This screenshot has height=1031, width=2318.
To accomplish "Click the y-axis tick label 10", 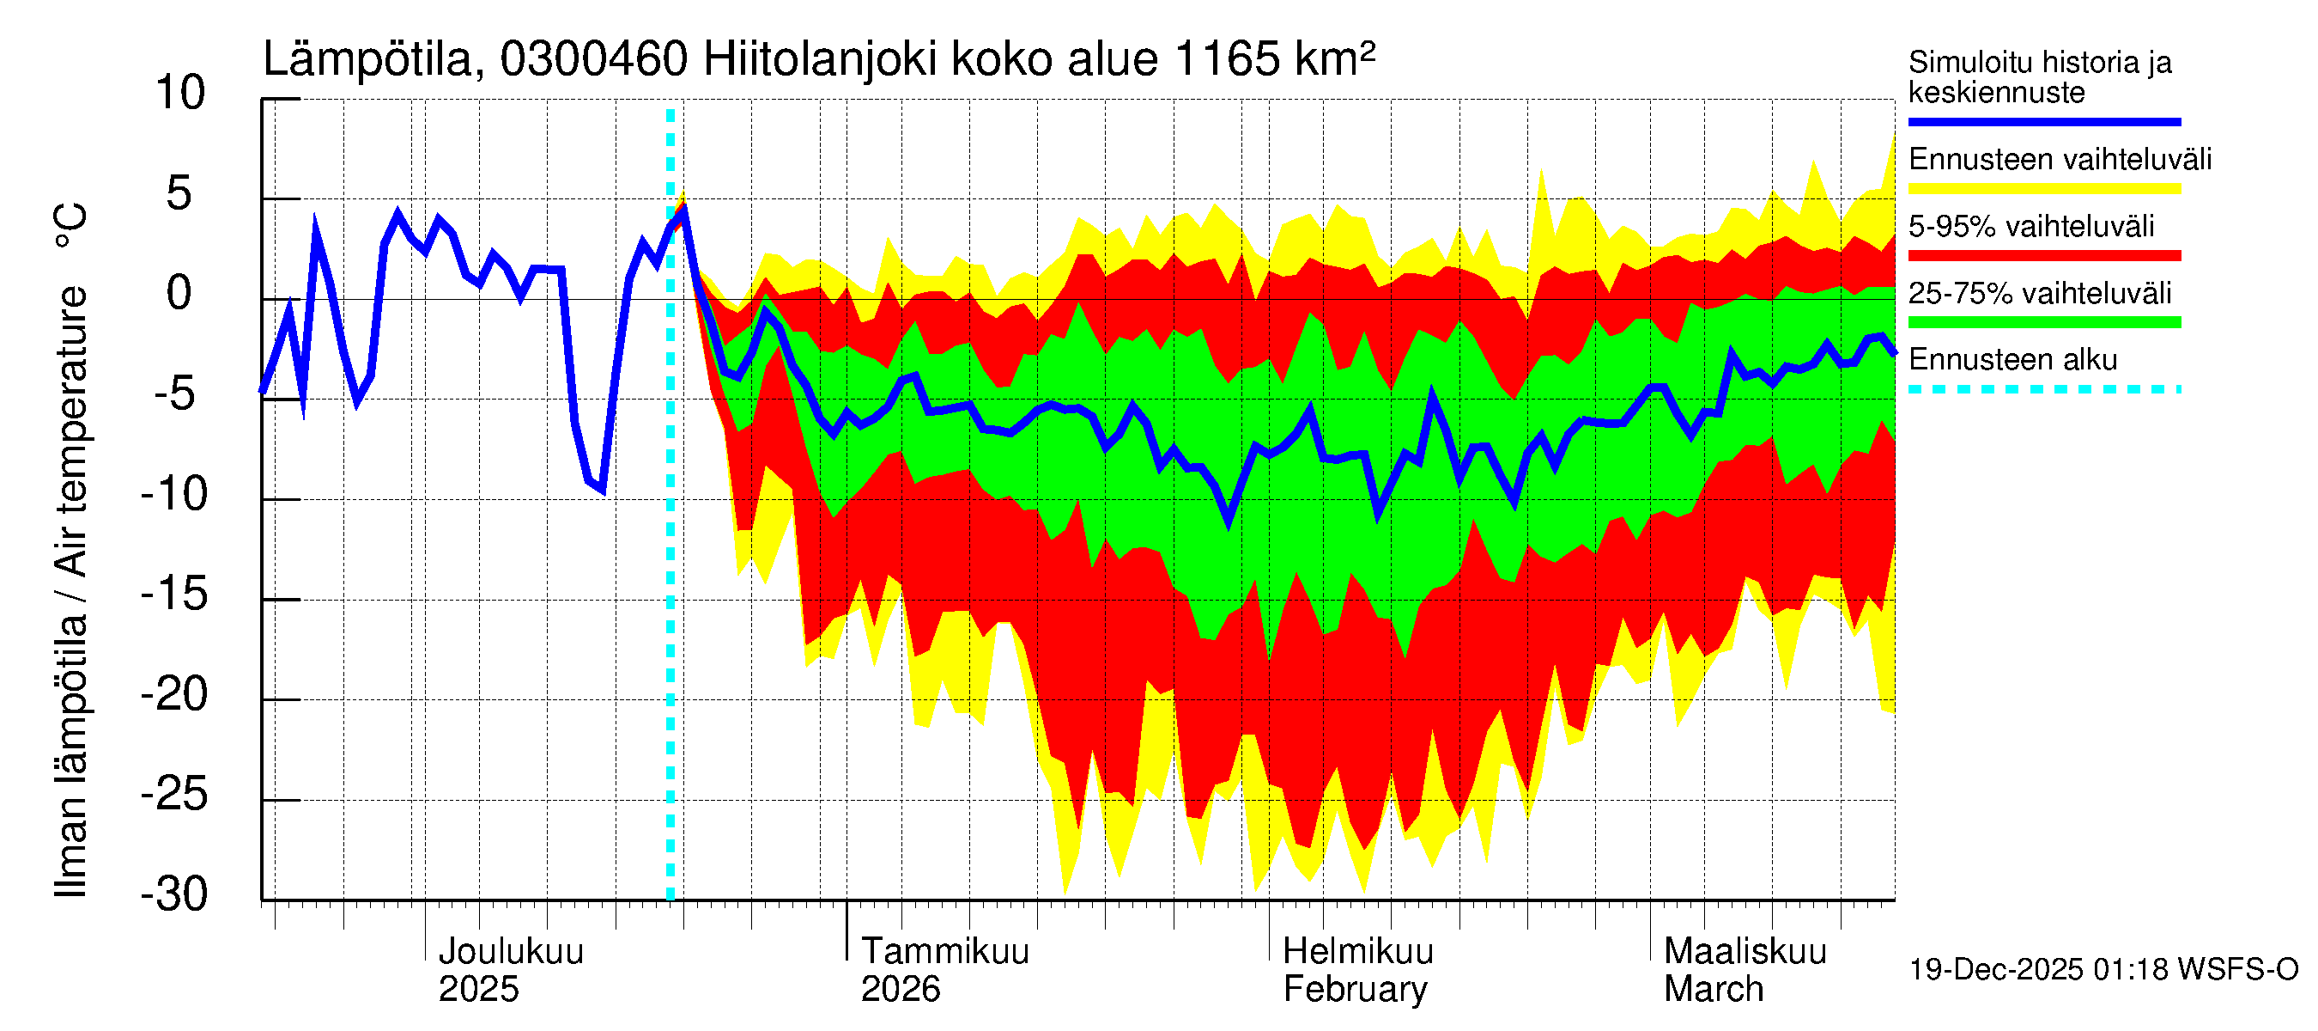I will point(180,94).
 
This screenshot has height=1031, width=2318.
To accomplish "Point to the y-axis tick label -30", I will point(174,895).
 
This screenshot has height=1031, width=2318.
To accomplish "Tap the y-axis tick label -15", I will point(174,595).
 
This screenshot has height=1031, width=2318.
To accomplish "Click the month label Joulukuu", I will point(510,952).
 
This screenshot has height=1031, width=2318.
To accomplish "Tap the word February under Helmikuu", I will point(1354,990).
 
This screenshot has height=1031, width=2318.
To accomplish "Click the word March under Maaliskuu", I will point(1714,990).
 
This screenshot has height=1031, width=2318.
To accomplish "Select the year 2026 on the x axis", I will point(900,990).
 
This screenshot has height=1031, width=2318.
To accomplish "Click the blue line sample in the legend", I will point(2043,121).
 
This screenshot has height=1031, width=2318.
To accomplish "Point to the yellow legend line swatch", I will point(2043,189).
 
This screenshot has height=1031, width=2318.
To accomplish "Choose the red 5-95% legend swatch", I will point(2043,256).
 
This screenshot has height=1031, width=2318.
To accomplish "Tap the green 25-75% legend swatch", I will point(2043,322).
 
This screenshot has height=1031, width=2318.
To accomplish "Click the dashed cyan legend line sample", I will point(2043,390).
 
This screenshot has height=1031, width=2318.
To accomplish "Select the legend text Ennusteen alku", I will point(2012,360).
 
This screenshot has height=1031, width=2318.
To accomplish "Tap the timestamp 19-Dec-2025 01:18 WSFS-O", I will point(2103,970).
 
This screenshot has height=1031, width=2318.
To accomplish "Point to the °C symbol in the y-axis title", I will point(70,226).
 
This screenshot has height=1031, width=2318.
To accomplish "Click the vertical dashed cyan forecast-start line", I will point(671,540).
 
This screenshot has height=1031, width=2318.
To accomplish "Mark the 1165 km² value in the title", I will point(1274,60).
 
